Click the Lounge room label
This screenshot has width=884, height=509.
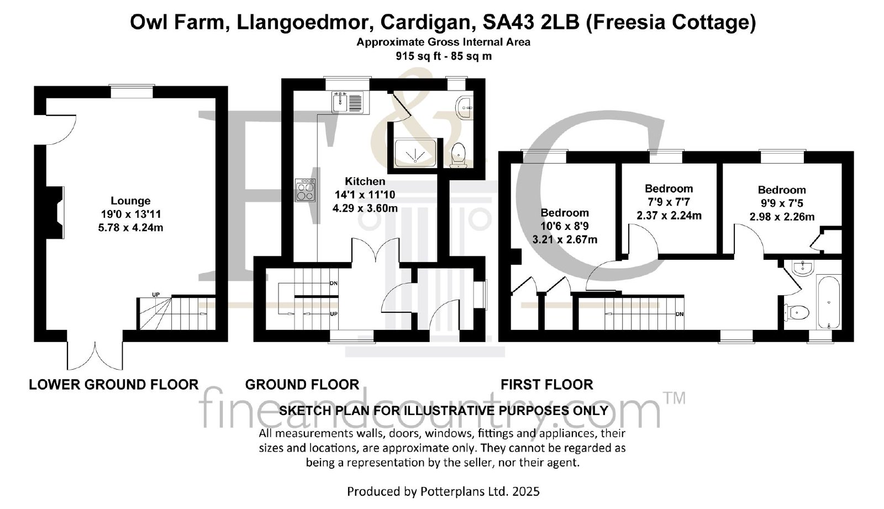pos(130,201)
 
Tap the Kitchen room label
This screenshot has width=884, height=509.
pos(365,181)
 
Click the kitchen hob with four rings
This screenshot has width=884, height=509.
pos(306,190)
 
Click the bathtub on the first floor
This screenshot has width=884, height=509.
pos(828,302)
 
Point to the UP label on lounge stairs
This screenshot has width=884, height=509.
pos(156,295)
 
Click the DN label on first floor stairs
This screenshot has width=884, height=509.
pos(680,314)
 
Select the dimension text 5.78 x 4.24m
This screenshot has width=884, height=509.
pos(130,228)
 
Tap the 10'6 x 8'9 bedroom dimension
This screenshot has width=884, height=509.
pos(565,226)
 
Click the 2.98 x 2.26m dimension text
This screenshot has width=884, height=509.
pos(782,217)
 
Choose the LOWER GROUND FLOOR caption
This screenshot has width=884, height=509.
pos(114,385)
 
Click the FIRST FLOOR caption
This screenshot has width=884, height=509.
pos(547,385)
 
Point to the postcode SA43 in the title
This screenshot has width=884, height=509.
pos(508,23)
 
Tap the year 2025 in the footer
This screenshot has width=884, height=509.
pos(525,492)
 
